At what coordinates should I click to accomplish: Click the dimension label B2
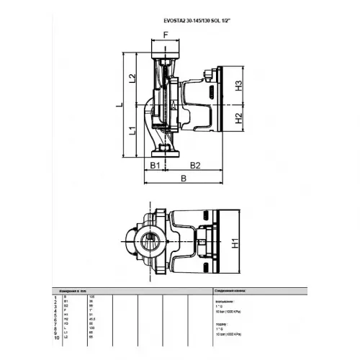pyautogui.click(x=194, y=166)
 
